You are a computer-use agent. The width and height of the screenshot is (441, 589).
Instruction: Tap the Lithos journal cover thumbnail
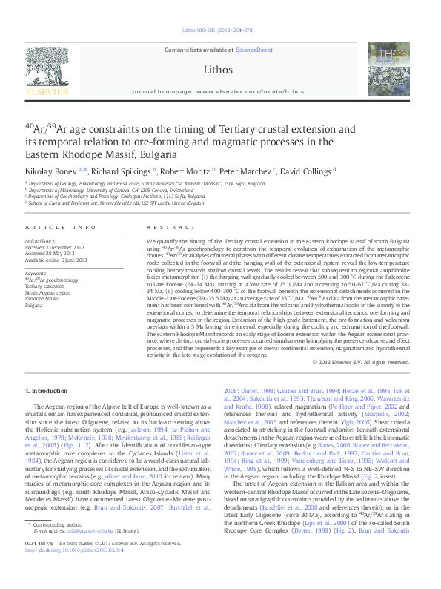(388, 69)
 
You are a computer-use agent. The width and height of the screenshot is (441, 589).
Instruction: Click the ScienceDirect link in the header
(253, 49)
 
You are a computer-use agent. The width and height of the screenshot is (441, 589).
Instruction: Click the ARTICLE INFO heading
(61, 227)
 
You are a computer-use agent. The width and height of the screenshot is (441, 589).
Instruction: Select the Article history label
(41, 241)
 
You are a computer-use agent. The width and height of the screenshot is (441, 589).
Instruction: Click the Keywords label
(36, 273)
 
